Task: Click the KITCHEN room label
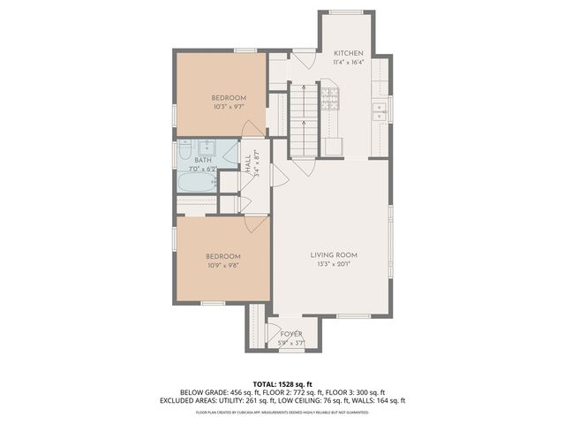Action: (348, 53)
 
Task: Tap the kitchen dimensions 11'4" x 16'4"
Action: (348, 63)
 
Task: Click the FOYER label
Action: (290, 334)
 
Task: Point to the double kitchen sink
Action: (380, 110)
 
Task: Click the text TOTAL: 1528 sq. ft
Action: (282, 383)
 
